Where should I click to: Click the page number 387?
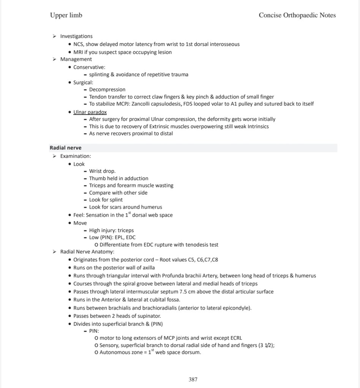pos(193,379)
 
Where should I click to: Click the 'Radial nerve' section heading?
pos(65,148)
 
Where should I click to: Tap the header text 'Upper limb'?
pos(66,15)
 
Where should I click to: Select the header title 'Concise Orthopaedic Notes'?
pos(297,15)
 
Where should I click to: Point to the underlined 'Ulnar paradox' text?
pos(90,112)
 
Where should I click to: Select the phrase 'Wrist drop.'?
pos(102,171)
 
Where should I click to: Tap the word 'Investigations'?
pos(76,36)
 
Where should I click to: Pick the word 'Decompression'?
pos(107,90)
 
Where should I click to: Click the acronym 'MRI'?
pos(78,52)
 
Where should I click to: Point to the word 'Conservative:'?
pos(89,67)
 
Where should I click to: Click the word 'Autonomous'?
pos(115,352)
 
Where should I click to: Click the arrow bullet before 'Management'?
pos(55,59)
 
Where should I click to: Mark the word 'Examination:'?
pos(76,156)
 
